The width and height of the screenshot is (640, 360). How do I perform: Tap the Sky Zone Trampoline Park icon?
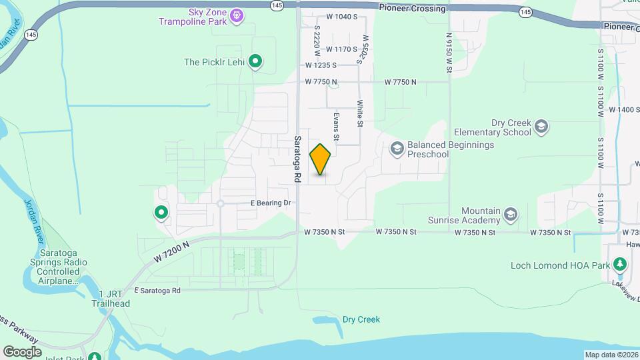pyautogui.click(x=236, y=15)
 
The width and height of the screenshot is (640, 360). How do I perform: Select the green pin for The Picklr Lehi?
pyautogui.click(x=255, y=62)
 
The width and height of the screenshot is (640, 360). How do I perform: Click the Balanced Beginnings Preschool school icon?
pyautogui.click(x=397, y=148)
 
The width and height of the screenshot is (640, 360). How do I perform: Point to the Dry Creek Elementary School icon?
pyautogui.click(x=541, y=126)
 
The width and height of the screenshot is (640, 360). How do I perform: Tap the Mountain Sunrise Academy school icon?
pyautogui.click(x=511, y=214)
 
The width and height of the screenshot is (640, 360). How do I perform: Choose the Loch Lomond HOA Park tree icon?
pyautogui.click(x=620, y=265)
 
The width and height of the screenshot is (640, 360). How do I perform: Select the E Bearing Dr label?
pyautogui.click(x=271, y=203)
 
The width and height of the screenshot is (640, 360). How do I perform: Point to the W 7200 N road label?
pyautogui.click(x=171, y=251)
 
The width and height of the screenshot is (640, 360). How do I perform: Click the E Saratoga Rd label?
pyautogui.click(x=157, y=291)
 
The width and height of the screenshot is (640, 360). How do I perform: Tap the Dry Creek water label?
pyautogui.click(x=361, y=319)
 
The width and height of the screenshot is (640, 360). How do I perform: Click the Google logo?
pyautogui.click(x=22, y=351)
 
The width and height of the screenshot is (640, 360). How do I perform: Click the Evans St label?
pyautogui.click(x=337, y=127)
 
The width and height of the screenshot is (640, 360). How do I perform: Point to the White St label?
pyautogui.click(x=360, y=113)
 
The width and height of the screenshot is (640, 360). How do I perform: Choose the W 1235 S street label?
pyautogui.click(x=321, y=65)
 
